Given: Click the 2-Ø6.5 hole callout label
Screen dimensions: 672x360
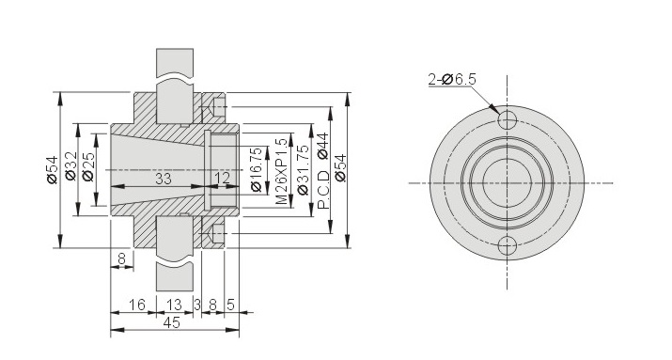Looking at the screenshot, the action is pos(452,79).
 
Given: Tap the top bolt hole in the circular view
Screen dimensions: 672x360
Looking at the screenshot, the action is pos(508,120).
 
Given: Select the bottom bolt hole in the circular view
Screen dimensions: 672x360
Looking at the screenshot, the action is pos(508,246).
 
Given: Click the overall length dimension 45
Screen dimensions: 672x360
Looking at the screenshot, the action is pos(171,322).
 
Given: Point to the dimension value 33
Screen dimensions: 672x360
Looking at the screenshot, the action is pos(164,179).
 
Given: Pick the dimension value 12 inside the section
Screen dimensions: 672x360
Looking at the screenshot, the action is pos(222,179).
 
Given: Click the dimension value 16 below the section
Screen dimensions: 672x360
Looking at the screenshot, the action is pos(137,305).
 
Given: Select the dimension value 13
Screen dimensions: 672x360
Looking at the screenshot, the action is pos(174,305).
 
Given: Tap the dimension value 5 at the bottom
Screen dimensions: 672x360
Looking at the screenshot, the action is pos(230,305).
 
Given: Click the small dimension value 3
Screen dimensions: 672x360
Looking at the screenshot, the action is pos(197,305).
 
